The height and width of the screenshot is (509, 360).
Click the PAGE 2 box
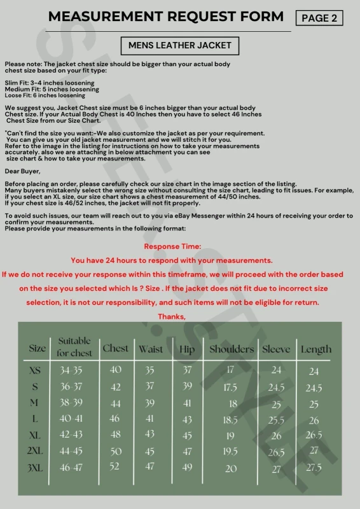point(319,18)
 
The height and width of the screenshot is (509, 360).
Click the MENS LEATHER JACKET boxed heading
point(180,46)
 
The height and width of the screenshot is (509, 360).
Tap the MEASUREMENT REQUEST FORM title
point(166,17)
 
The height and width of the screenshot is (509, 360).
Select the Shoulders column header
point(232,349)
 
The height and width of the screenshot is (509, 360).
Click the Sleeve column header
point(276,349)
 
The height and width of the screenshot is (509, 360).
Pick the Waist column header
point(151,349)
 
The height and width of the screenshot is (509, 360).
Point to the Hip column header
point(187,349)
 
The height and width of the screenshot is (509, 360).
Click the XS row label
point(36,370)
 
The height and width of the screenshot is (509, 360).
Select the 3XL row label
point(36,468)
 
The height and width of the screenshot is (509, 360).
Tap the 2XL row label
point(36,451)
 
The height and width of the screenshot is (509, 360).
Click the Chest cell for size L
point(115,419)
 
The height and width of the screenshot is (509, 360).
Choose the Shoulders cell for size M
point(233,403)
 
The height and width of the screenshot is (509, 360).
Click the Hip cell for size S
point(187,386)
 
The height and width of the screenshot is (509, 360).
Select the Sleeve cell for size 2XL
point(276,452)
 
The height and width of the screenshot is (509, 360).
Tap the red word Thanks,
point(172,316)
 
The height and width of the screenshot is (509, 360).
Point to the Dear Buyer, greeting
point(22,171)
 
